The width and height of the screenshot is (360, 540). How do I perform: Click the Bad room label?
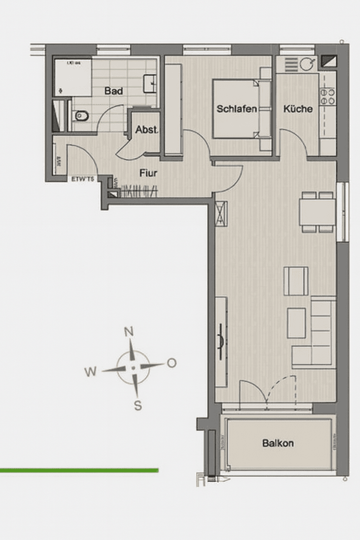(113, 91)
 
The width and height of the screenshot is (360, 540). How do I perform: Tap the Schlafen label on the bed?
(236, 108)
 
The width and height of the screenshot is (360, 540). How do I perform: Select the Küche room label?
(298, 108)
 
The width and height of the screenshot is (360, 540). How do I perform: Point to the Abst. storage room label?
(146, 129)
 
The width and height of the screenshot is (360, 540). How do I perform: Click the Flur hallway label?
(149, 173)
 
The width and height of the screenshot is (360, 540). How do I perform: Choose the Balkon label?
(278, 443)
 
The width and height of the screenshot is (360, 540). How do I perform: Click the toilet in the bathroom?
(80, 117)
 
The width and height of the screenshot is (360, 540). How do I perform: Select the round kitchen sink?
(306, 64)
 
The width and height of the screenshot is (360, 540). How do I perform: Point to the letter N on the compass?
(129, 331)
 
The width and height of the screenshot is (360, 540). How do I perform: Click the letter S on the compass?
(137, 405)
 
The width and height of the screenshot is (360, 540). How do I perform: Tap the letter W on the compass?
(90, 371)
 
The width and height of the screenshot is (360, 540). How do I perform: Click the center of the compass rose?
(133, 368)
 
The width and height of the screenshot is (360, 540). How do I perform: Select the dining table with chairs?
(317, 212)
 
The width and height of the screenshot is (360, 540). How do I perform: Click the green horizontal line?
(79, 470)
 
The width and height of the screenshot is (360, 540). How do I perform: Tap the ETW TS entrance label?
(82, 178)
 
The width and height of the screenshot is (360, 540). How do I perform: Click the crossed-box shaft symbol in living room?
(221, 213)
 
